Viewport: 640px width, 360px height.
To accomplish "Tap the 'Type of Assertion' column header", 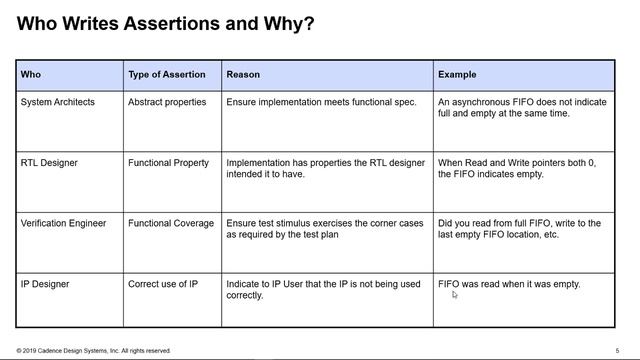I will [x=166, y=75].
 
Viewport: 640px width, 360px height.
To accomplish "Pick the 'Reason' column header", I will [x=243, y=75].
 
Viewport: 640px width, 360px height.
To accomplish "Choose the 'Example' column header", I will [x=457, y=75].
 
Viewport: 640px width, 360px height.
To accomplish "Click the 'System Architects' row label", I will [x=58, y=102].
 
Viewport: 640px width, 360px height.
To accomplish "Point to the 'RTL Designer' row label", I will [x=49, y=163].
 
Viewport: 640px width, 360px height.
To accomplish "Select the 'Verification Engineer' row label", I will [x=67, y=223].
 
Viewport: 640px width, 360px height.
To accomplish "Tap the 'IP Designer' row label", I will [x=46, y=284].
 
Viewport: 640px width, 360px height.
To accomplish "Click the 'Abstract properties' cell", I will [x=167, y=102].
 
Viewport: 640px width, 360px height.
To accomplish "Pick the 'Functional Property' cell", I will [x=168, y=163].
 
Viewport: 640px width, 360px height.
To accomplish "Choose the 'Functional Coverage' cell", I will [x=170, y=223].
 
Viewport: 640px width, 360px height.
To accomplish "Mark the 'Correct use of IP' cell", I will [x=162, y=284].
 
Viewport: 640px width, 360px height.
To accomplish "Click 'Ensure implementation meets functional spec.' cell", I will [x=321, y=102].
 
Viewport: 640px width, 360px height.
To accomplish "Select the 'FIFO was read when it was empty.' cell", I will [x=509, y=284].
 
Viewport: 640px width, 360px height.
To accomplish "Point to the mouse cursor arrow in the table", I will [x=455, y=295].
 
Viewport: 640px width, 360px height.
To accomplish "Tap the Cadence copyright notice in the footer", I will [x=93, y=351].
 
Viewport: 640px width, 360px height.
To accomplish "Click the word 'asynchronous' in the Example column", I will [x=482, y=102].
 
